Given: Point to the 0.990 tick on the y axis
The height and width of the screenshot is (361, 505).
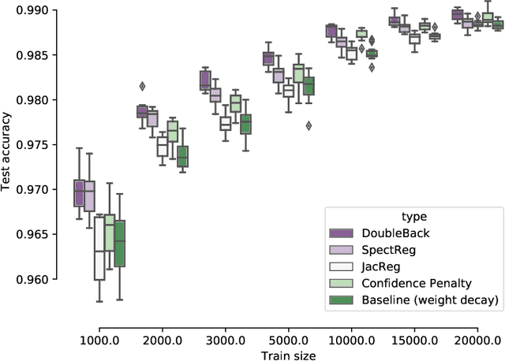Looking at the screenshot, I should pos(31,10).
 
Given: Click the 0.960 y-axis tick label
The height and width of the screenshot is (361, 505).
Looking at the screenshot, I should pos(31,279).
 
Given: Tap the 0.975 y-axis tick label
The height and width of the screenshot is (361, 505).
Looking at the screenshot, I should pos(31,145).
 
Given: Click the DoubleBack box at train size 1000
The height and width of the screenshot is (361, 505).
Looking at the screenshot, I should pos(79,193).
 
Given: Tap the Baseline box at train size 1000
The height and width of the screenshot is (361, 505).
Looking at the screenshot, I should pos(120,244).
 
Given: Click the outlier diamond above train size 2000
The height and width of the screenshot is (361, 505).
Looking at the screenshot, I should pos(142,86).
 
